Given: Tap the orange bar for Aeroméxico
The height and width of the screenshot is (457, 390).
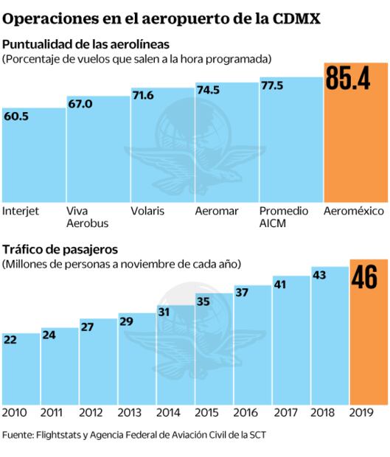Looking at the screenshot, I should pyautogui.click(x=355, y=147).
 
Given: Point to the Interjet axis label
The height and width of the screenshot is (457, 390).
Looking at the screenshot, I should pyautogui.click(x=21, y=211).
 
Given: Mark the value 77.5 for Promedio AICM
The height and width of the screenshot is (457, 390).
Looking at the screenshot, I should pyautogui.click(x=273, y=86).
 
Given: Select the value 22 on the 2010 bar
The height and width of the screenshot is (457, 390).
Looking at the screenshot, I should pyautogui.click(x=11, y=340).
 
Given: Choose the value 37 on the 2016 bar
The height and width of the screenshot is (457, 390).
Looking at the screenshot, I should pyautogui.click(x=243, y=292).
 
